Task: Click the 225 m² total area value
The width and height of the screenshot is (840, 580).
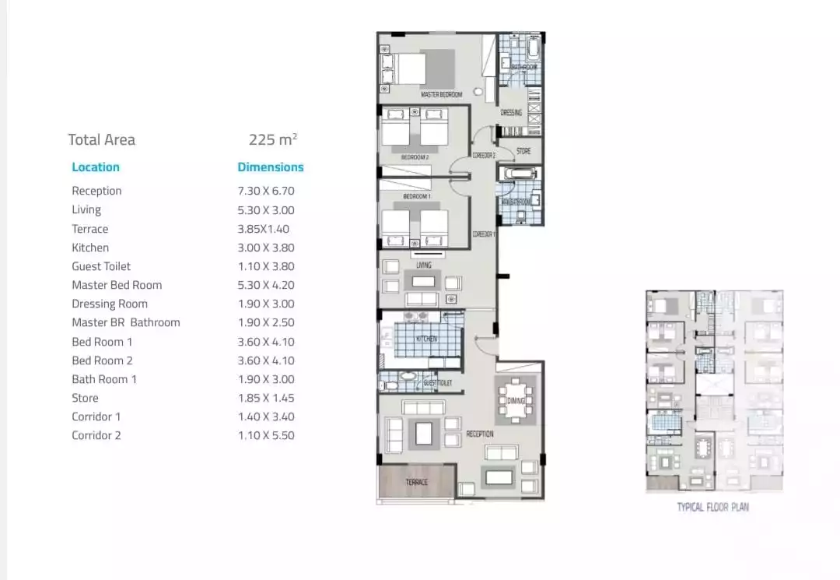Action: coord(273,140)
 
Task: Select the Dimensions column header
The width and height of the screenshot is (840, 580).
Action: coord(270,167)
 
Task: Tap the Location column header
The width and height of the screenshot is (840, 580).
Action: coord(96,167)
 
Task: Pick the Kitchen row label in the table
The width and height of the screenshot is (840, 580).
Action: coord(90,248)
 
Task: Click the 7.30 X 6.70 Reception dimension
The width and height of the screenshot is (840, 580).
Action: coord(266,191)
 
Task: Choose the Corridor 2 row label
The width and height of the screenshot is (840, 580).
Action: coord(96,436)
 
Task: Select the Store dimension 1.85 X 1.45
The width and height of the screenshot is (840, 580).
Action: coord(266,398)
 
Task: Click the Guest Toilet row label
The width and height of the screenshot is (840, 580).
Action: coord(101,266)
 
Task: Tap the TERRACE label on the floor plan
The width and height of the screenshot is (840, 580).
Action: coord(416,483)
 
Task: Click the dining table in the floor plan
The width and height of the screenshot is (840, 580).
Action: coord(515,400)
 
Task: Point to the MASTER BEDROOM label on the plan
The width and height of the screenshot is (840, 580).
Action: coord(441,95)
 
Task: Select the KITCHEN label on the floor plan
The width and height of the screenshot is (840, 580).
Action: coord(426,339)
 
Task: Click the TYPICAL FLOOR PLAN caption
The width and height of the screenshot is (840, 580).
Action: coord(712,508)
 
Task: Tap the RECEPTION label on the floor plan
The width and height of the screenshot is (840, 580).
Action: coord(480,434)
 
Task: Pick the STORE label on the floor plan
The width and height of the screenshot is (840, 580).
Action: coord(523,152)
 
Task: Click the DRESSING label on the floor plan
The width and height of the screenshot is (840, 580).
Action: coord(511,113)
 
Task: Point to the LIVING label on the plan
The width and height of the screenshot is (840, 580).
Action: coord(423,265)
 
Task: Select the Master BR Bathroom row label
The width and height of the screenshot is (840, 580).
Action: coord(126,322)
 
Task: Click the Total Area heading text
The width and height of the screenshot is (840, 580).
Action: coord(101,140)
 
